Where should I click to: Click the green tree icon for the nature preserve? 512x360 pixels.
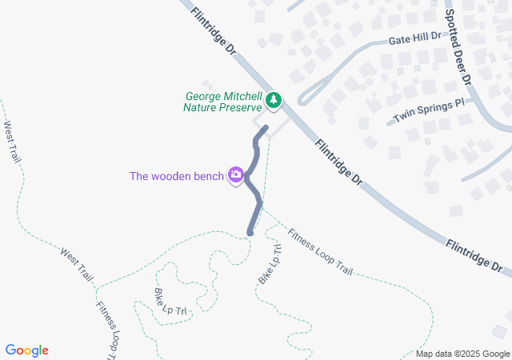pos(274,100)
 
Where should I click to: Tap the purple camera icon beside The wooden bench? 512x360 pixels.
pos(236,174)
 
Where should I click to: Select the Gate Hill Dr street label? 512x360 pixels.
pos(414,37)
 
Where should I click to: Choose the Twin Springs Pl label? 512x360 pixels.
pos(429,111)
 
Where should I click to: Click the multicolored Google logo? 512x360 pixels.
pos(27,350)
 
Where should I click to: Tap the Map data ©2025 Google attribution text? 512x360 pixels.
pos(462,354)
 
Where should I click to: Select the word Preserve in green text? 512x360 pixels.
pos(239,106)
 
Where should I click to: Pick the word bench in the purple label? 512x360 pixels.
pos(208,175)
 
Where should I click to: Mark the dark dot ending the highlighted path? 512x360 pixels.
pos(250,233)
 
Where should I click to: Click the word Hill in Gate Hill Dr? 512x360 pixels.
pos(419,37)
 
